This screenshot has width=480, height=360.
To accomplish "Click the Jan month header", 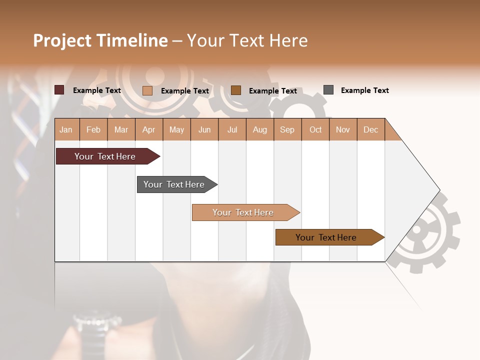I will click(66, 129).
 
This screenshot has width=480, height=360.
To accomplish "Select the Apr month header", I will click(148, 129).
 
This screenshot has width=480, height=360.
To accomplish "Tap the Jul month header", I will click(232, 129).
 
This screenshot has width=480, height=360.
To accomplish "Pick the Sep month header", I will click(287, 129).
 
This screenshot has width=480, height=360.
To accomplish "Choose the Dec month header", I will click(370, 129).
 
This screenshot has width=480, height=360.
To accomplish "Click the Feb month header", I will click(93, 129).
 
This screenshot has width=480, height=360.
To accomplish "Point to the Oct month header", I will click(315, 129).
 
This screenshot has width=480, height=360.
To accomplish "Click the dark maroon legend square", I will click(59, 90).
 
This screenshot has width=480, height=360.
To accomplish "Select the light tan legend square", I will click(147, 90).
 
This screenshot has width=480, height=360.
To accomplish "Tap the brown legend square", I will click(236, 90).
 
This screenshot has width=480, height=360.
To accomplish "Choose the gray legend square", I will click(328, 90).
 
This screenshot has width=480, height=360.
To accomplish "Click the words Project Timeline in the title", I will click(100, 40).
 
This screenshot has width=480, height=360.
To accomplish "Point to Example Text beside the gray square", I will click(364, 90).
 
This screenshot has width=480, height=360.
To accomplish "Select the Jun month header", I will click(204, 129).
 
